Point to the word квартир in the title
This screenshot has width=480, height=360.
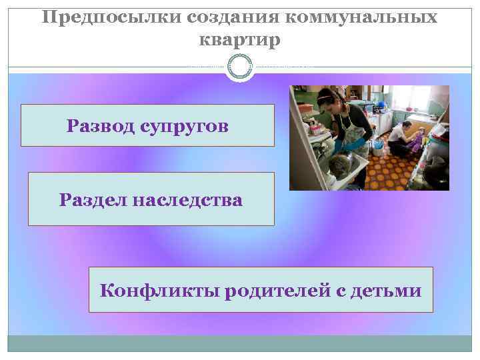[239, 40]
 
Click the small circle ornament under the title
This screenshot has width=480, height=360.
[239, 67]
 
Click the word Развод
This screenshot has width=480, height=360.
[101, 125]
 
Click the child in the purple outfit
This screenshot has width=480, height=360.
[419, 141]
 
